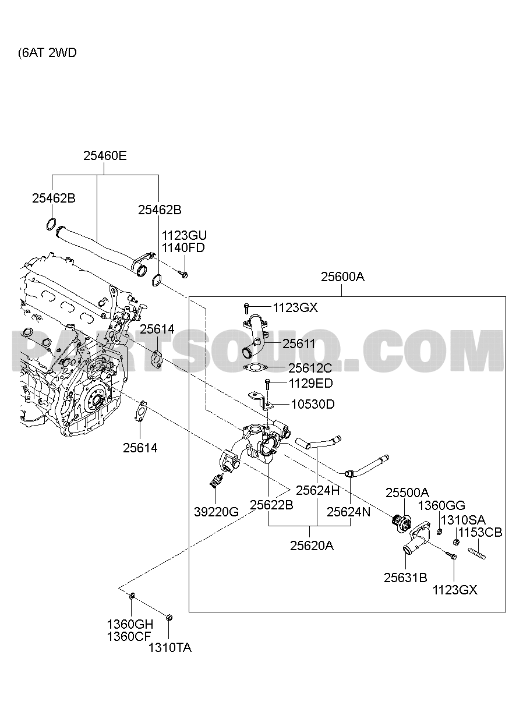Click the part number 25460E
[105, 156]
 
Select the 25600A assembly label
[342, 277]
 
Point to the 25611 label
[299, 344]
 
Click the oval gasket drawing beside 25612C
[255, 368]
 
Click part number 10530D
[313, 404]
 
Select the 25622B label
[271, 506]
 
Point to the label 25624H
[317, 491]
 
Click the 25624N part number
[348, 512]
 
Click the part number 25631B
[405, 578]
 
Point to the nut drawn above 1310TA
[169, 617]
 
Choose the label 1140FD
[183, 247]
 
